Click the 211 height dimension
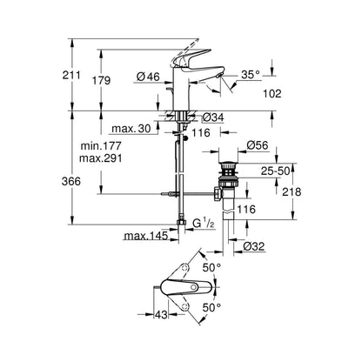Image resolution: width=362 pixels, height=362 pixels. pyautogui.click(x=71, y=75)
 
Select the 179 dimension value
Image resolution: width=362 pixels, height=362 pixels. pyautogui.click(x=101, y=80)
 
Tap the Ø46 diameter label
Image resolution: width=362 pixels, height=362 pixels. pyautogui.click(x=148, y=77)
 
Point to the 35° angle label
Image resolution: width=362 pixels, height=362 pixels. pyautogui.click(x=251, y=75)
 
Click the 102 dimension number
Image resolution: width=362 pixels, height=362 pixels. pyautogui.click(x=272, y=93)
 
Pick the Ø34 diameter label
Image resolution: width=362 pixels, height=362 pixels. pyautogui.click(x=213, y=117)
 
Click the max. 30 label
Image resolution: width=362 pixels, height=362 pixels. pyautogui.click(x=131, y=129)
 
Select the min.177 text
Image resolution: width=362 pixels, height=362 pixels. pyautogui.click(x=101, y=145)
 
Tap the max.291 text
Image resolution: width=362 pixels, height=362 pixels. pyautogui.click(x=101, y=158)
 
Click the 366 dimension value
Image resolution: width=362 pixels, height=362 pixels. pyautogui.click(x=71, y=181)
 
